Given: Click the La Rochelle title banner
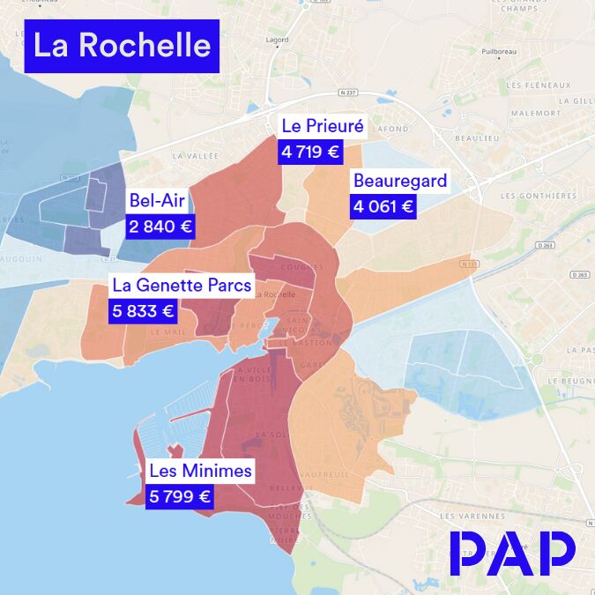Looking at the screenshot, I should click(122, 46).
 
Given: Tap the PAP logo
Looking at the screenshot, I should click(512, 553).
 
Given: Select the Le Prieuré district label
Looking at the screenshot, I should click(323, 126).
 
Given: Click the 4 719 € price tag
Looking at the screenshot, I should click(309, 152).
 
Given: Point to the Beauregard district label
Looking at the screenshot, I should click(399, 182).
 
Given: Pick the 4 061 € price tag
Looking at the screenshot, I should click(383, 207).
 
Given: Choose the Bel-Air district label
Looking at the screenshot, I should click(155, 200).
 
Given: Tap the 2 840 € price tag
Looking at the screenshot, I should click(160, 226).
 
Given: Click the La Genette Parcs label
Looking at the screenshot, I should click(182, 286).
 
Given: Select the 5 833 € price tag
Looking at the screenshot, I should click(144, 310).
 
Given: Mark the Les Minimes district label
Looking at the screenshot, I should click(200, 472).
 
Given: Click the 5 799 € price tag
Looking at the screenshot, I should click(180, 497).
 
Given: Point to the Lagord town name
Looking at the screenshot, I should click(277, 40).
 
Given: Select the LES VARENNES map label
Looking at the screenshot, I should click(465, 516).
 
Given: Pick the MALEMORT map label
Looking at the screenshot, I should click(536, 113).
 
